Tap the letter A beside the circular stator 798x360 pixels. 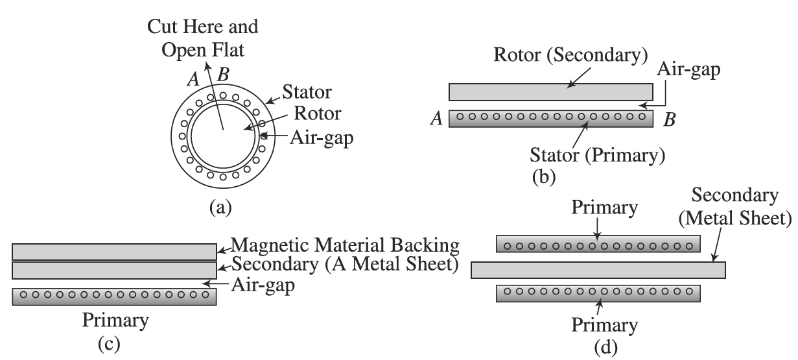[193, 78]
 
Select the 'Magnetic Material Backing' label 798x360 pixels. [345, 246]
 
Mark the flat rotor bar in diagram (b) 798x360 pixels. [550, 92]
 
